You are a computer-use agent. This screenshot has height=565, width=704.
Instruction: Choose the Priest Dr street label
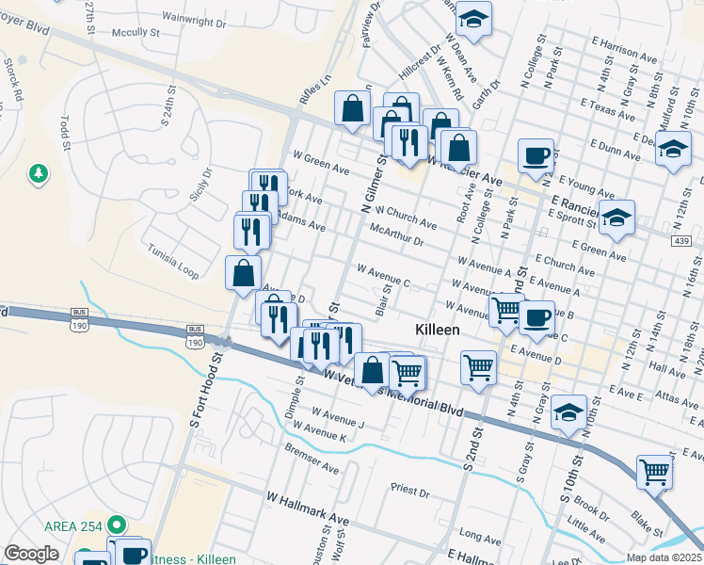(409, 491)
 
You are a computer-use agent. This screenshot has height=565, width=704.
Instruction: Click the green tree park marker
(39, 173)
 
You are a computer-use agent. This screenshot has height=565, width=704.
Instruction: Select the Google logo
(31, 554)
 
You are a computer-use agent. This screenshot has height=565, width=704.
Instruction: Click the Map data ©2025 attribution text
(664, 557)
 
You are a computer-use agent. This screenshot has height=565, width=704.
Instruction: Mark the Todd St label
(65, 133)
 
